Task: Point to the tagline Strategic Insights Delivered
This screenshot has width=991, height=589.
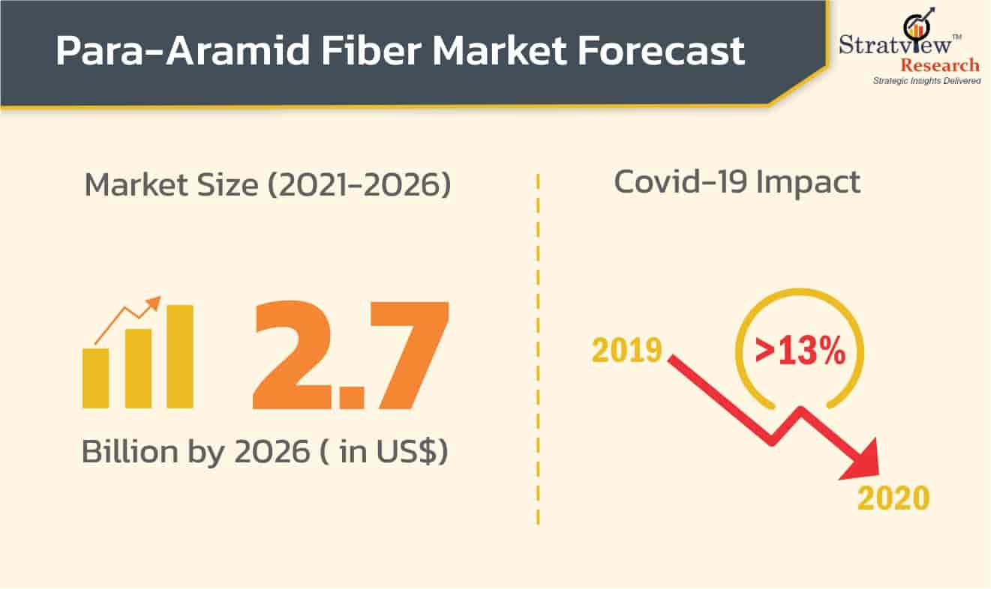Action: [926, 80]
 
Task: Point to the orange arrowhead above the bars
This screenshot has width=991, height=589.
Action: [153, 303]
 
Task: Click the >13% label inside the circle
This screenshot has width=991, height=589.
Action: [800, 351]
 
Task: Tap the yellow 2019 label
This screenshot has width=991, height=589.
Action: [627, 350]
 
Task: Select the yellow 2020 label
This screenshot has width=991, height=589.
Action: [893, 498]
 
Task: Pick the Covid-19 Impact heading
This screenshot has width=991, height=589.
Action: [737, 183]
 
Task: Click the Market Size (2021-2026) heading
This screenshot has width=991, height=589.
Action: [268, 184]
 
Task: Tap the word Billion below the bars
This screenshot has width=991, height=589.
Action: [122, 452]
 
